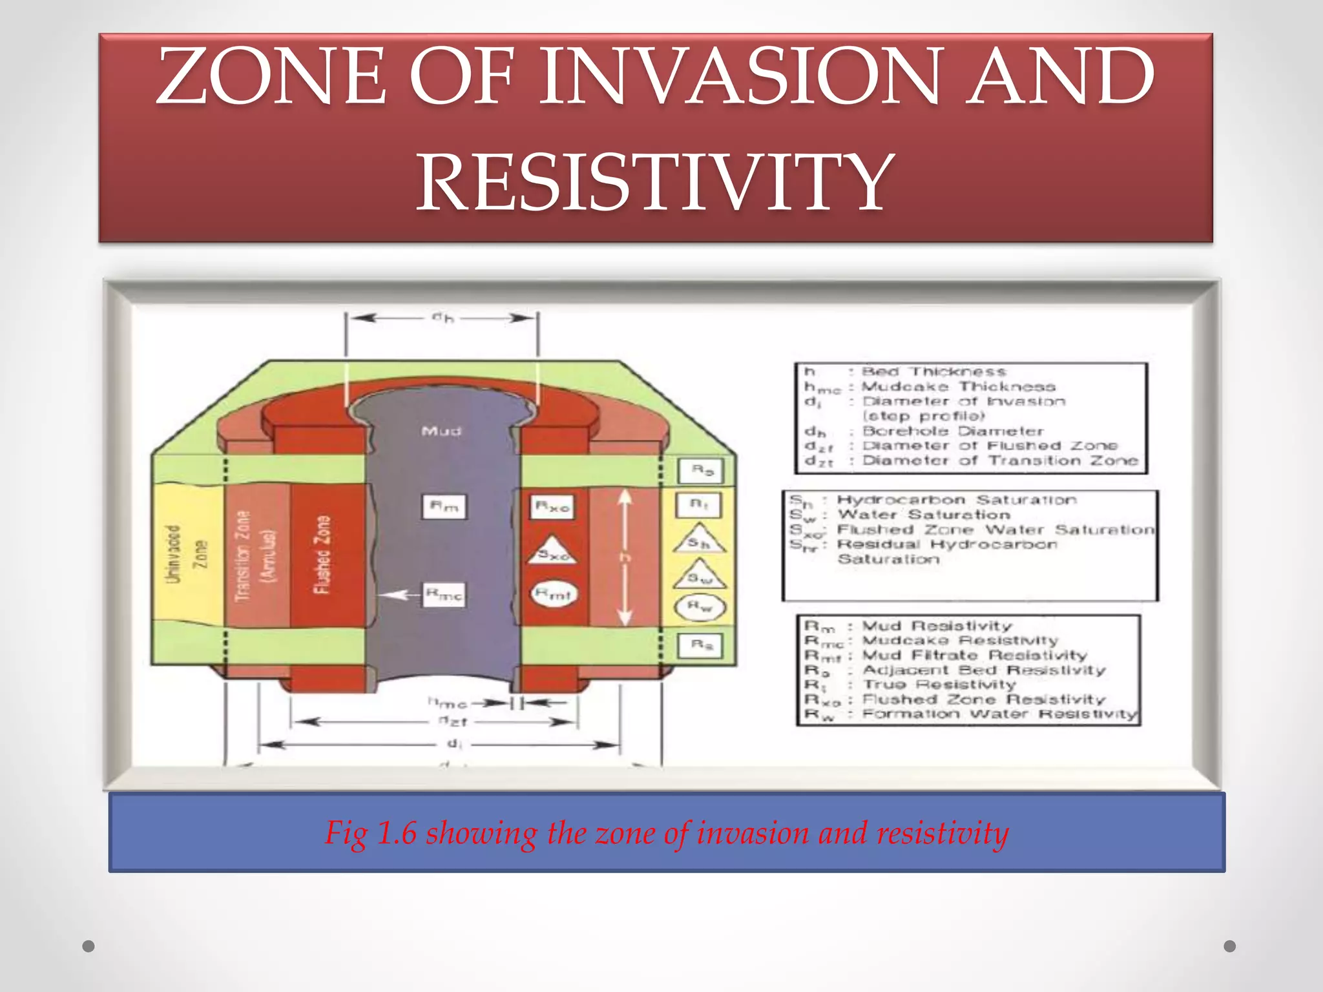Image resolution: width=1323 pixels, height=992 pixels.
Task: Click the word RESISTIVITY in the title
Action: [x=655, y=183]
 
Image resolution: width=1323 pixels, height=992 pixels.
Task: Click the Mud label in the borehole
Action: [x=441, y=431]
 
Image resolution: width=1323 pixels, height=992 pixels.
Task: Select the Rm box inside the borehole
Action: [x=444, y=507]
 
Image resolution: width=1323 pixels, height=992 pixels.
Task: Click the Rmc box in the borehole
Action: [x=444, y=595]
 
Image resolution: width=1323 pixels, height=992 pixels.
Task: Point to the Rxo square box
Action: [x=552, y=507]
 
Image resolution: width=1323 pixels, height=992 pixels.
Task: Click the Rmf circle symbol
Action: [x=553, y=594]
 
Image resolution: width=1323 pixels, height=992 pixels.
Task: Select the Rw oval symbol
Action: [x=700, y=607]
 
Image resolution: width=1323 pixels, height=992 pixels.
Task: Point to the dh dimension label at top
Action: [x=443, y=318]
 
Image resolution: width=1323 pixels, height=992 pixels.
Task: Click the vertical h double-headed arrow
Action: [x=624, y=557]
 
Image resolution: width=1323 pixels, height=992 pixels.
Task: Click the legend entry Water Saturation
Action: [x=924, y=515]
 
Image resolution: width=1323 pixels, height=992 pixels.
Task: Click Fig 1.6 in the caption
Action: [x=370, y=832]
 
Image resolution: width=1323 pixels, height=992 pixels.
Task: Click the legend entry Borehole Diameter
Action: [x=953, y=431]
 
